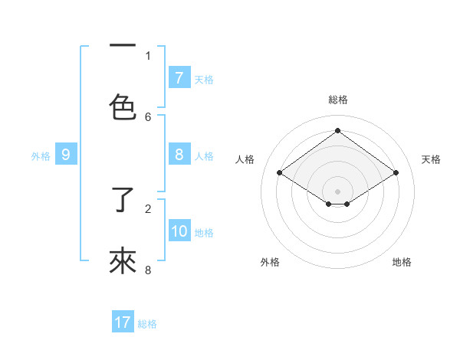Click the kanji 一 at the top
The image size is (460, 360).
pos(123,47)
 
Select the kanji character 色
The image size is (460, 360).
pos(123,106)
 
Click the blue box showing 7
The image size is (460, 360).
pos(179,78)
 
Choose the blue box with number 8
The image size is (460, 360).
pos(179,155)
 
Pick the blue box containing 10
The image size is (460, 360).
pos(179,232)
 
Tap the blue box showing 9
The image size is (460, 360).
pos(66,155)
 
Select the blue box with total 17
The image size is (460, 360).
pos(123,322)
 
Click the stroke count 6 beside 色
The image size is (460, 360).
pos(148,116)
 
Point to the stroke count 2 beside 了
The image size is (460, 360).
pos(148,208)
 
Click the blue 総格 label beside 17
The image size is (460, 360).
pos(147,324)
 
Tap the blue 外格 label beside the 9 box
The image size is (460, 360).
pos(41,156)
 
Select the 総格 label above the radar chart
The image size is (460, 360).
pos(337,100)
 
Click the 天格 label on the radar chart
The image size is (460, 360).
pos(431,159)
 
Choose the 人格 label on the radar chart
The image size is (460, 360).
pos(245,159)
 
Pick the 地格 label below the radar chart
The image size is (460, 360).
pos(402,262)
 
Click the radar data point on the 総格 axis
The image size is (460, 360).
pos(337,131)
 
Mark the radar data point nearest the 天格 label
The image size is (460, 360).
pos(396,173)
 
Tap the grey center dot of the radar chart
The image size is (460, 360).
pos(337,191)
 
